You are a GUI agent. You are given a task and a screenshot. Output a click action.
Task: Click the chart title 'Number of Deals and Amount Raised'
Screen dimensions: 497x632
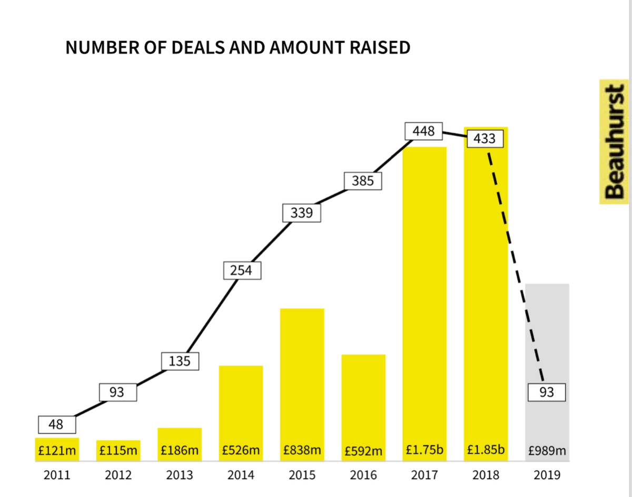coord(238,47)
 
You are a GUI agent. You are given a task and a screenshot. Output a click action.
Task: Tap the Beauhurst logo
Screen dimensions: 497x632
coord(614,142)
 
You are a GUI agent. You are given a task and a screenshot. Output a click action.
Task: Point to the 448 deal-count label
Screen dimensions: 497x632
coord(423,130)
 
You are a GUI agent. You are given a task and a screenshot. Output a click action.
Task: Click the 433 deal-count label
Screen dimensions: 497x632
coord(485,139)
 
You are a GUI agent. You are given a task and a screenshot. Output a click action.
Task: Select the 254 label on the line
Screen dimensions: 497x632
coord(241,270)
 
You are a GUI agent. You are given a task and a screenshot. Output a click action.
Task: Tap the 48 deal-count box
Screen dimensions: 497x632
coord(57,424)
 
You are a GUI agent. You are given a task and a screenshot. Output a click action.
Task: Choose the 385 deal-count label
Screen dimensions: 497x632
coord(363,181)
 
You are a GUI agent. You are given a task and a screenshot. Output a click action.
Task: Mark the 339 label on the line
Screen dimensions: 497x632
coord(302,212)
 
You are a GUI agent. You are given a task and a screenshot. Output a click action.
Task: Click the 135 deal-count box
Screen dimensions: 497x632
coord(180,362)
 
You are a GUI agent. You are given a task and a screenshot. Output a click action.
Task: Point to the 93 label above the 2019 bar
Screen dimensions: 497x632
coord(547,393)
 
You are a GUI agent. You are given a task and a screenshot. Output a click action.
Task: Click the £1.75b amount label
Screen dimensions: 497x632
coord(424,450)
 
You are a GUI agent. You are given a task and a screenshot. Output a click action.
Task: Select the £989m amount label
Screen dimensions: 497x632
coord(547,451)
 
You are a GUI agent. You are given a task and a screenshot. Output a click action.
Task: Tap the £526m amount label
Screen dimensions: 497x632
coord(241,451)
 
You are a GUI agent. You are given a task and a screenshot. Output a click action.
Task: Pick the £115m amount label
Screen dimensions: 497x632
coord(118,451)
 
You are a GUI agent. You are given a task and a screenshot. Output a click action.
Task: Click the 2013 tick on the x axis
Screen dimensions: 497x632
coord(180,475)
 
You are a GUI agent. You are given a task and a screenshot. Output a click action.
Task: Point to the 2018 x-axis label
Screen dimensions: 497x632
coord(486,475)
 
